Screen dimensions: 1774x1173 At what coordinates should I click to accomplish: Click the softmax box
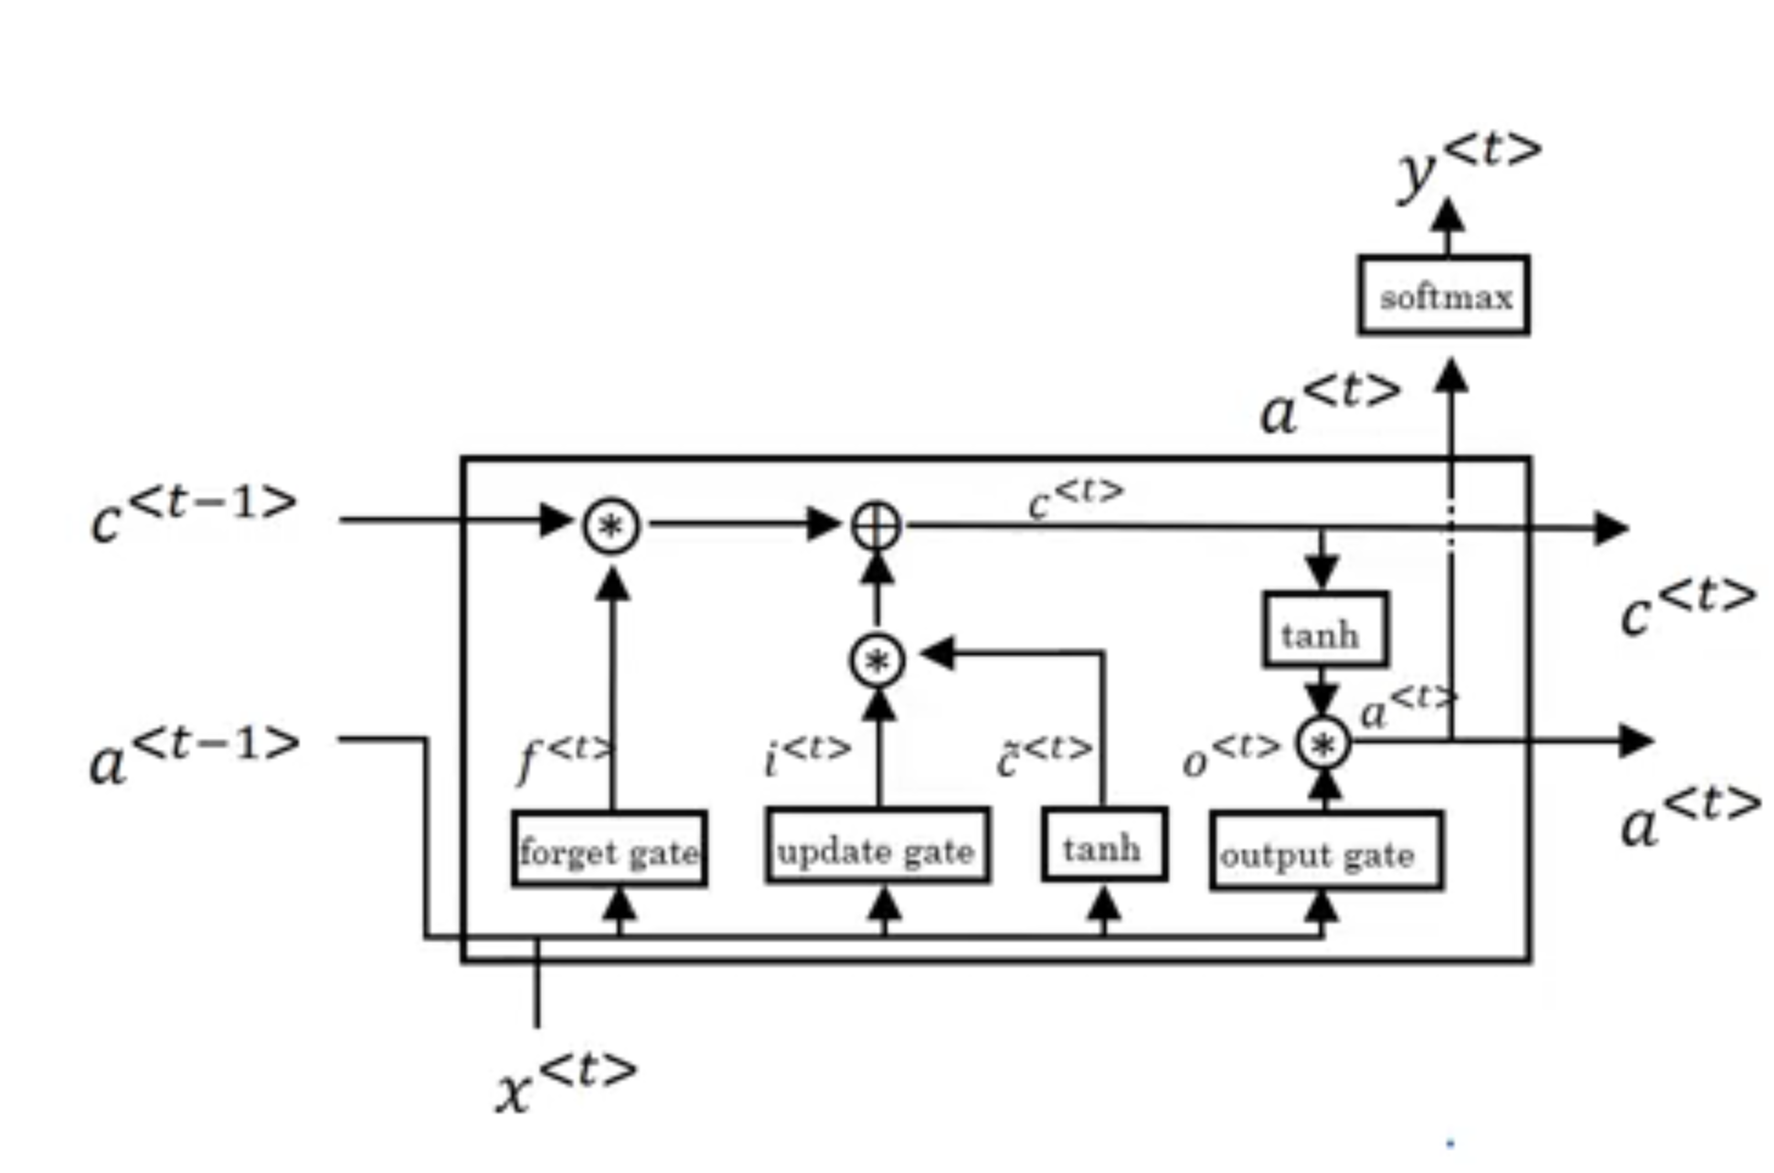[x=1443, y=295]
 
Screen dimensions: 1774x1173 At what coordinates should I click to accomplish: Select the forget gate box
[x=609, y=849]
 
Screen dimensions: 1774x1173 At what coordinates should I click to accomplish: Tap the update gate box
[x=876, y=845]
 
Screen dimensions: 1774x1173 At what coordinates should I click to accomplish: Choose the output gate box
[x=1326, y=851]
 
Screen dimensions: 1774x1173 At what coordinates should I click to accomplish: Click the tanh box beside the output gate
[x=1104, y=845]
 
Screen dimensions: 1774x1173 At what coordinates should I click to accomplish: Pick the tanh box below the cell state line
[x=1325, y=629]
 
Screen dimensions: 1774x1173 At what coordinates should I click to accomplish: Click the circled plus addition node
[x=876, y=526]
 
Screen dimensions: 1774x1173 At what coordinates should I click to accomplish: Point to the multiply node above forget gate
[x=611, y=526]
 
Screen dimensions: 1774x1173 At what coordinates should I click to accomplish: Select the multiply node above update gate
[x=877, y=660]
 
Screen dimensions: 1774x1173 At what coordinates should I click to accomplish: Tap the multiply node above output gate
[x=1323, y=745]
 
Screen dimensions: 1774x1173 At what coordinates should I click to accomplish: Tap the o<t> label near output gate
[x=1231, y=755]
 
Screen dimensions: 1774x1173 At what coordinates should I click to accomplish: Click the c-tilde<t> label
[x=1044, y=755]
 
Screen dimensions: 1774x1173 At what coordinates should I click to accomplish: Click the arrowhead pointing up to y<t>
[x=1448, y=214]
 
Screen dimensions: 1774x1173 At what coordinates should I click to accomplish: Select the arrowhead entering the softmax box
[x=1450, y=375]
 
